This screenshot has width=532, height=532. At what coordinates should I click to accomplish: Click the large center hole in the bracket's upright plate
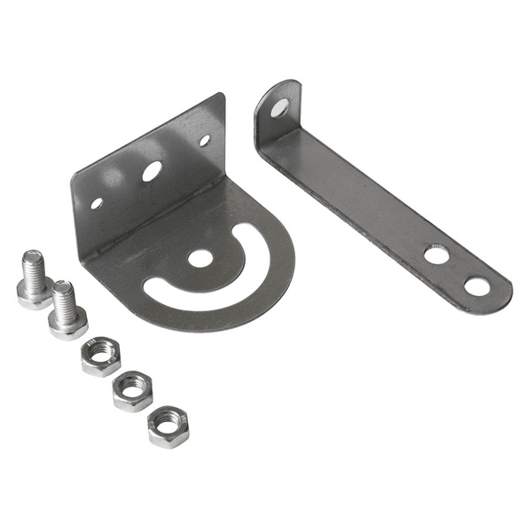152,171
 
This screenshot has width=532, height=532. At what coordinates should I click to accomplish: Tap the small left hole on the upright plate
97,203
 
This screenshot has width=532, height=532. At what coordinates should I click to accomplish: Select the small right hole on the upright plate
204,140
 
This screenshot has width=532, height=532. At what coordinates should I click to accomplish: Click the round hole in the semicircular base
200,259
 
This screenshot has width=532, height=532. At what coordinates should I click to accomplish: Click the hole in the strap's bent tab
279,108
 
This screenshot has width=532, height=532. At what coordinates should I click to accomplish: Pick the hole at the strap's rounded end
477,286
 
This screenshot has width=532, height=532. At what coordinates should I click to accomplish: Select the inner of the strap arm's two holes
436,255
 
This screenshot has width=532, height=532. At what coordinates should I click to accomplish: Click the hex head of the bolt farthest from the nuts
32,293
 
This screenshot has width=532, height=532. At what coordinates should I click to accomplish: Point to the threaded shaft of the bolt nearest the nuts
64,298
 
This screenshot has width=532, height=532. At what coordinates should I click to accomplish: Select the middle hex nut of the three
133,391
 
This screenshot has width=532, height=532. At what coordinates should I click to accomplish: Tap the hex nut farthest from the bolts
168,426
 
